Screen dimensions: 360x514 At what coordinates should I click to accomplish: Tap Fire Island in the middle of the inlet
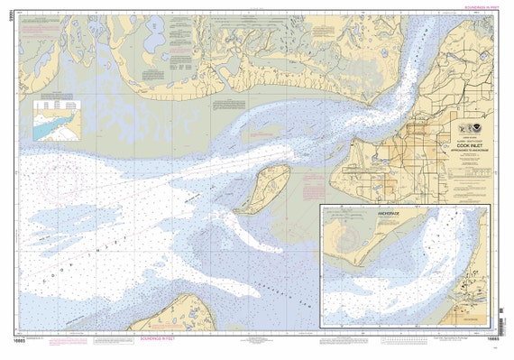pyautogui.click(x=263, y=189)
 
